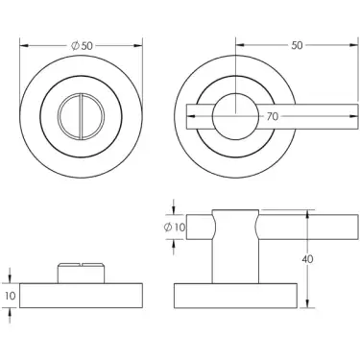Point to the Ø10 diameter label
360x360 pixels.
coord(174,227)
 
